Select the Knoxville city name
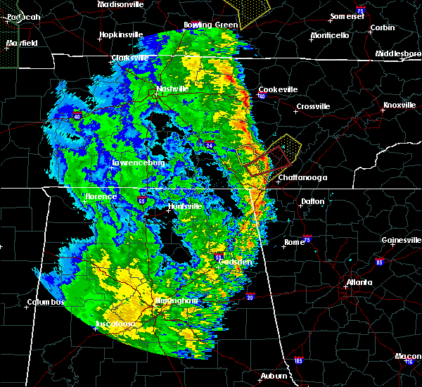(x=399, y=106)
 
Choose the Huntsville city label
(x=184, y=207)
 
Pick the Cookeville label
(x=278, y=89)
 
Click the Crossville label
(x=313, y=106)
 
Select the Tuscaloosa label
(x=117, y=324)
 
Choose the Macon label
(x=408, y=357)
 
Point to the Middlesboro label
(x=398, y=53)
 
